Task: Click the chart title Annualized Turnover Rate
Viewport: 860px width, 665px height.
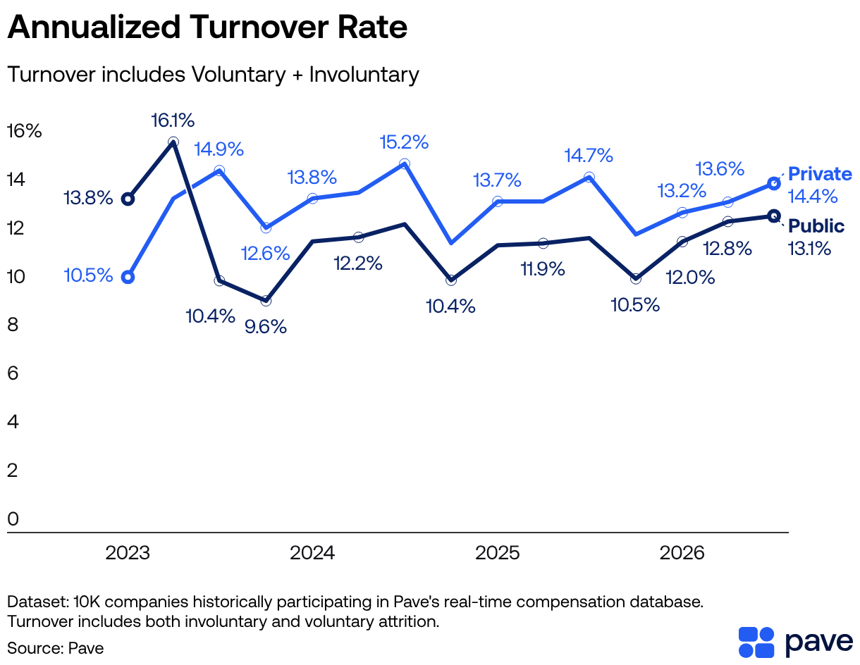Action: pyautogui.click(x=207, y=27)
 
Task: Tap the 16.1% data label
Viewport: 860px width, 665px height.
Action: pyautogui.click(x=173, y=120)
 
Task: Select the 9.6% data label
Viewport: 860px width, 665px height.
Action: pyautogui.click(x=266, y=327)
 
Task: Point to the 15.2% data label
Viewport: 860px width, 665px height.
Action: pyautogui.click(x=404, y=142)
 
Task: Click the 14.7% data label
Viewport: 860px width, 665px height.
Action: pyautogui.click(x=589, y=156)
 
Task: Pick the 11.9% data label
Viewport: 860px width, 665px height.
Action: pyautogui.click(x=543, y=269)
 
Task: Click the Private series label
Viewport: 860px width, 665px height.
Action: pyautogui.click(x=820, y=174)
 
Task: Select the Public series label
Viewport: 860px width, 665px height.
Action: pyautogui.click(x=816, y=225)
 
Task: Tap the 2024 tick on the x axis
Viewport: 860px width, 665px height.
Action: pyautogui.click(x=312, y=553)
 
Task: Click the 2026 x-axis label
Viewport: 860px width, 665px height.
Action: pyautogui.click(x=682, y=553)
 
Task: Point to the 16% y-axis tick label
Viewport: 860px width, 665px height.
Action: pyautogui.click(x=24, y=131)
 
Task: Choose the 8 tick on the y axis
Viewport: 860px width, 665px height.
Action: pyautogui.click(x=13, y=325)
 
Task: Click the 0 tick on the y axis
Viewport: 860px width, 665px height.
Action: pyautogui.click(x=13, y=518)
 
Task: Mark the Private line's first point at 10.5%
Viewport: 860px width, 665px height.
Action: pyautogui.click(x=128, y=278)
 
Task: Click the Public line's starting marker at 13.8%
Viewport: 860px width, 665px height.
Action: pyautogui.click(x=128, y=199)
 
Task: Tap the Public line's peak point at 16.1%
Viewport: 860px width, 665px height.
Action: pyautogui.click(x=173, y=142)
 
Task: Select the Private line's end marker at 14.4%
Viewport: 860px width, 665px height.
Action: pyautogui.click(x=774, y=183)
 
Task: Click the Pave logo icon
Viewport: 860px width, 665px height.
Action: pyautogui.click(x=756, y=642)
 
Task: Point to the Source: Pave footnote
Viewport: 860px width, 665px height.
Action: pyautogui.click(x=56, y=648)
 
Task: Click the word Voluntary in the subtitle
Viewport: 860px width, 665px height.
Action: pyautogui.click(x=238, y=75)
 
